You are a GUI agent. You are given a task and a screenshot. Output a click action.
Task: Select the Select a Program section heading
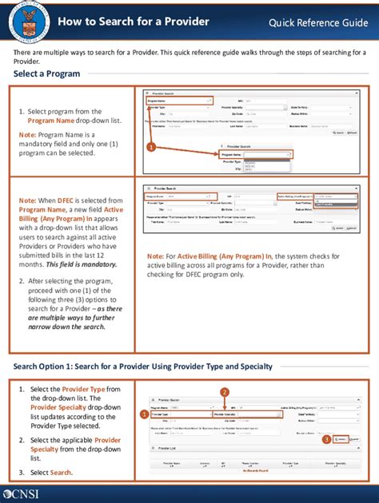click(46, 74)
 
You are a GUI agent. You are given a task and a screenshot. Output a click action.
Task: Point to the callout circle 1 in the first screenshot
click(150, 147)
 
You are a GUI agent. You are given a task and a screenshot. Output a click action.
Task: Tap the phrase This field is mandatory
click(84, 263)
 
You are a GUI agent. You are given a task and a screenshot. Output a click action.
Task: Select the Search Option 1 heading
click(142, 366)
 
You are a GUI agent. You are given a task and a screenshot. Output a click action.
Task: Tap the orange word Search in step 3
click(61, 473)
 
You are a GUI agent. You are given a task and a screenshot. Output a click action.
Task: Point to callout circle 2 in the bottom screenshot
click(225, 391)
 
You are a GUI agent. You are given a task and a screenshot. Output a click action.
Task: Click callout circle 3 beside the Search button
click(326, 439)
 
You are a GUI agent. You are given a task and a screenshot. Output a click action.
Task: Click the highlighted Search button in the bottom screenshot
click(341, 440)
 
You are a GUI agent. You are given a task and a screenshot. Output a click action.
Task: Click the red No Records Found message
click(252, 469)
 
